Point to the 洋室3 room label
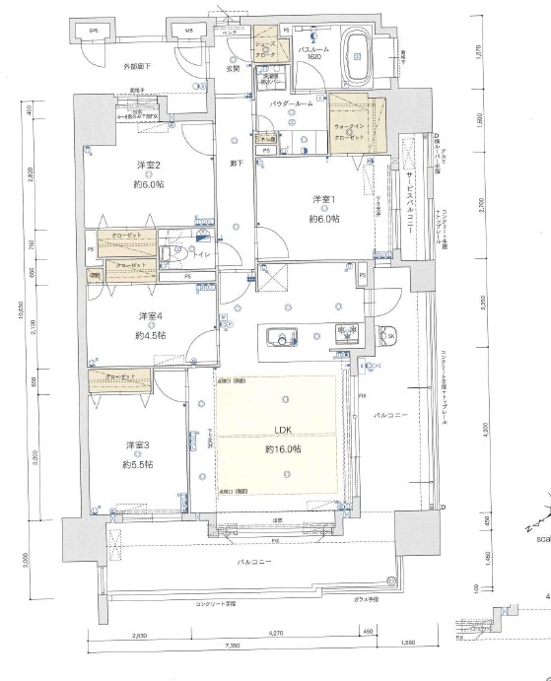click(x=136, y=444)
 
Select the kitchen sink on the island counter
click(x=287, y=342)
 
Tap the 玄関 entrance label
click(x=233, y=69)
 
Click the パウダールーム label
click(x=291, y=102)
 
